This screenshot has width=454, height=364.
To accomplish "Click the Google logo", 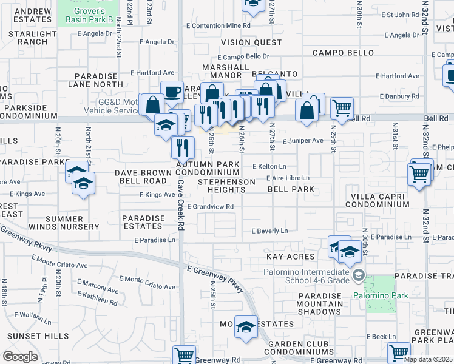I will tap(20, 357).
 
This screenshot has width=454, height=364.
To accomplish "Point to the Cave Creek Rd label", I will tap(181, 206).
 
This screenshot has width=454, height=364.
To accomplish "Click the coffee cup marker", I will tap(172, 92).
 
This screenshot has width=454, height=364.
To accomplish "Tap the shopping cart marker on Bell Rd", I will tap(342, 108).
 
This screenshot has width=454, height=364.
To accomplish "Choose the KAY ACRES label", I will tap(291, 257).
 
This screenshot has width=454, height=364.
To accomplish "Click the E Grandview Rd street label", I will tap(210, 207).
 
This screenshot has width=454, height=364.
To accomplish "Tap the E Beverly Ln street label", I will tap(269, 231).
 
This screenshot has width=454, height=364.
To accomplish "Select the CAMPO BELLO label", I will tap(344, 53).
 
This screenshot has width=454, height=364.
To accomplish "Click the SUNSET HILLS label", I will tap(38, 335).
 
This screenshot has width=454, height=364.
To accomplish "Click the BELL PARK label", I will tap(291, 189).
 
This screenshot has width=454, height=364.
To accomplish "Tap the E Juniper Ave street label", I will tap(303, 141).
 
